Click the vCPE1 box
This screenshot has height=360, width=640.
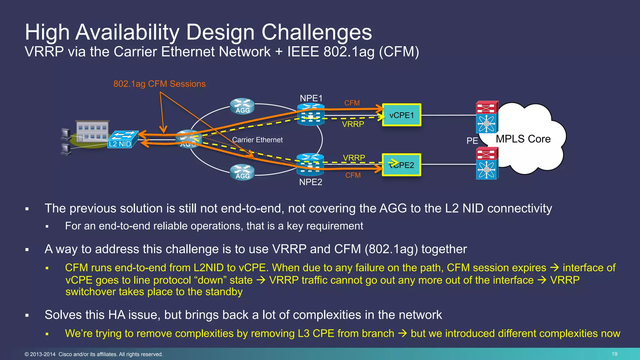point(402,115)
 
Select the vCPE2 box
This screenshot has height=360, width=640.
point(402,165)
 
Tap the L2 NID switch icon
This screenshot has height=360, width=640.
point(123,139)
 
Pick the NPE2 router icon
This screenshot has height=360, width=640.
point(310,164)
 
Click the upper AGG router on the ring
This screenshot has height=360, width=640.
point(242,107)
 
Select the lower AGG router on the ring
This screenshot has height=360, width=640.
point(242,172)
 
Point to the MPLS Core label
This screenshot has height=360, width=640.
point(523,139)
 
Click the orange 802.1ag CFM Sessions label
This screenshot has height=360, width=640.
point(159,84)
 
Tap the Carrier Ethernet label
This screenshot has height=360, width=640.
point(257,140)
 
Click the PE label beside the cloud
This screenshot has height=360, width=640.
point(472,141)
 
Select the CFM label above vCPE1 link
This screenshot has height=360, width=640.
point(352,103)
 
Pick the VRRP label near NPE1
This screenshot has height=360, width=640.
point(353,124)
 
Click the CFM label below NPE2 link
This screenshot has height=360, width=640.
point(353,175)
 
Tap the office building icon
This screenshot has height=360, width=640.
point(92,132)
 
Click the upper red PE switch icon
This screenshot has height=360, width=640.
point(487,107)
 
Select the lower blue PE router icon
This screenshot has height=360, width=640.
point(487,170)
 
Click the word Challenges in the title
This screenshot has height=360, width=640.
point(317,32)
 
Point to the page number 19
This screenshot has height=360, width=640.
point(614,354)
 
